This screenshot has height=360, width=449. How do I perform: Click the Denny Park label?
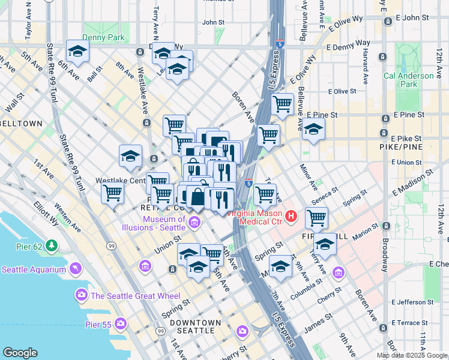click(x=104, y=37)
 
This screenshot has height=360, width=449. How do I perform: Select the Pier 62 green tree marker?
click(x=52, y=245)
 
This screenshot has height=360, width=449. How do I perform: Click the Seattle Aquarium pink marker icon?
click(x=75, y=268)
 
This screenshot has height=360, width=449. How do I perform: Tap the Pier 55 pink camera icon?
click(x=121, y=323)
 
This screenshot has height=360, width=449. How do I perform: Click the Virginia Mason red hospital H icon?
click(x=291, y=215)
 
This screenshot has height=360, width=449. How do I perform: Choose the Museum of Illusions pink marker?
click(x=194, y=223)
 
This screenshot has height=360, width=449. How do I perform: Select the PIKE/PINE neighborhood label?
click(x=402, y=147)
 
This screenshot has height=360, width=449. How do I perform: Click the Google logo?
click(x=20, y=353)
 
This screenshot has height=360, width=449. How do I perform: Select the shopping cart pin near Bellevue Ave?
click(x=282, y=104)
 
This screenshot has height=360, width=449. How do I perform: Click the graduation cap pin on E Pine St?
click(x=313, y=129)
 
